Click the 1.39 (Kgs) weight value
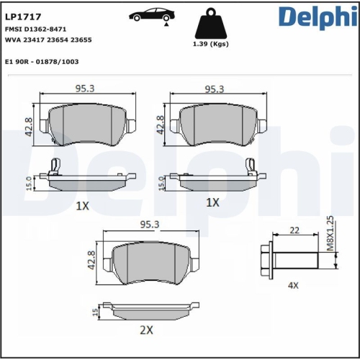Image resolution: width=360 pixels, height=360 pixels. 211,45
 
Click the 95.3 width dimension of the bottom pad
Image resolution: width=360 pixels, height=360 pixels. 150,225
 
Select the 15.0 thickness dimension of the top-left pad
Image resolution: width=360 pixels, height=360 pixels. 30,181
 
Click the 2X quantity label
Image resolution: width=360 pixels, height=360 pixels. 146,330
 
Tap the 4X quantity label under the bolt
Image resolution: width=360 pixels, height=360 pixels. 293,285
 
